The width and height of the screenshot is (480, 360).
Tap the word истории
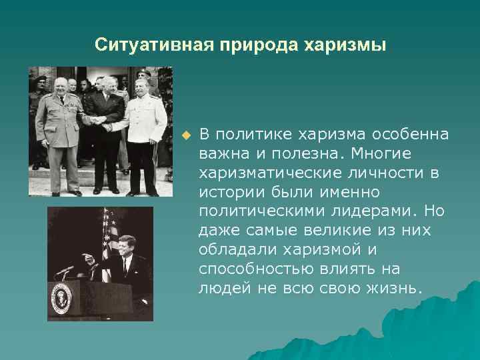[x=228, y=193]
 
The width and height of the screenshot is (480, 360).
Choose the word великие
[x=327, y=231]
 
